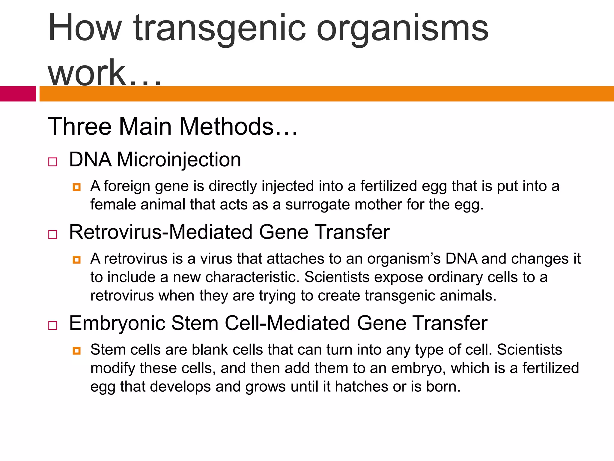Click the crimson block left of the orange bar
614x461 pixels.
point(18,94)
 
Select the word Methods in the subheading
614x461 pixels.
point(226,126)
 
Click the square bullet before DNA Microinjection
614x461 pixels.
point(53,162)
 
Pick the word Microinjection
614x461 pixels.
point(179,160)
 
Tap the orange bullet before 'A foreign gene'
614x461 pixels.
point(77,187)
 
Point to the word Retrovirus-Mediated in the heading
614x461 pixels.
point(161,232)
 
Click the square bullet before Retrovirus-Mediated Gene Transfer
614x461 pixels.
point(53,234)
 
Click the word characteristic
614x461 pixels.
point(252,277)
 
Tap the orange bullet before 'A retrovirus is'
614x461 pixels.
point(77,260)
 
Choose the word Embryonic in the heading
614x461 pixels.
point(117,323)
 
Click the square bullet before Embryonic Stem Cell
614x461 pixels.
point(53,325)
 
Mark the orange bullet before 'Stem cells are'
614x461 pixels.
point(77,351)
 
